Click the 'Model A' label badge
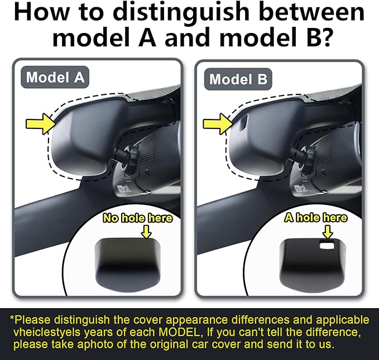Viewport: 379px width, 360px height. click(55, 77)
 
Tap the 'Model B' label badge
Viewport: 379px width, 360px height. click(238, 79)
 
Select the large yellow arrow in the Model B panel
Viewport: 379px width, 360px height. click(218, 124)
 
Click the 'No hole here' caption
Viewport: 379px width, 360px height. click(137, 218)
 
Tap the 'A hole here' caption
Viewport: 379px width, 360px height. click(316, 218)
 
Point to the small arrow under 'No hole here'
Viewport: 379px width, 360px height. click(146, 232)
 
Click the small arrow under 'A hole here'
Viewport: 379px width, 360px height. click(328, 232)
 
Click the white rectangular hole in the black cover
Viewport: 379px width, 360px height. click(327, 246)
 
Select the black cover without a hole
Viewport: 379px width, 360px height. click(128, 265)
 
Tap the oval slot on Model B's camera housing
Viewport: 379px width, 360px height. click(243, 123)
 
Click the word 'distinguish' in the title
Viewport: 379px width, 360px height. click(181, 12)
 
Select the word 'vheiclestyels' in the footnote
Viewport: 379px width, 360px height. click(47, 333)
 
